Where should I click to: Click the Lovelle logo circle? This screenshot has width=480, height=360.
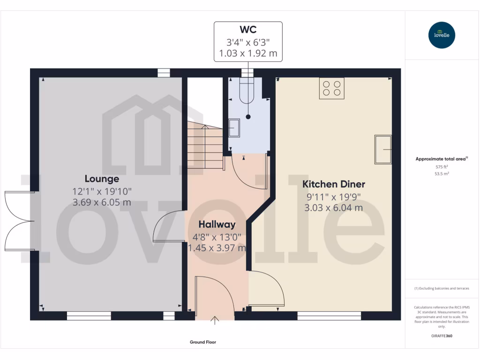[x=442, y=35]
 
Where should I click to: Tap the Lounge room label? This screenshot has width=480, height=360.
[x=102, y=179]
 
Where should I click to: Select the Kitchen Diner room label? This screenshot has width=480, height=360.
[x=333, y=184]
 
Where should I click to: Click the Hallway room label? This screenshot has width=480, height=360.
[x=217, y=224]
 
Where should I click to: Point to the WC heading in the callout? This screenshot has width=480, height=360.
[x=248, y=30]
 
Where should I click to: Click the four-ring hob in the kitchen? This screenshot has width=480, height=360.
[x=331, y=88]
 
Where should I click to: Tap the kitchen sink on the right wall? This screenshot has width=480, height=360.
[x=382, y=150]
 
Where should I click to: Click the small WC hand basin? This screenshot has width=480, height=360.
[x=234, y=128]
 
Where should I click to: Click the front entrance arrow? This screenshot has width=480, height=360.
[x=215, y=321]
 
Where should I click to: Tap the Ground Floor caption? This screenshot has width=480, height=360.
[x=203, y=342]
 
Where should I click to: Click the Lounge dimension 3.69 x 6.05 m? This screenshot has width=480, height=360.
[x=102, y=202]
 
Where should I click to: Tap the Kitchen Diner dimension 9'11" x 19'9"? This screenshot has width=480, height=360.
[x=333, y=197]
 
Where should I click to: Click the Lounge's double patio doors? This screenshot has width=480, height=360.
[x=19, y=221]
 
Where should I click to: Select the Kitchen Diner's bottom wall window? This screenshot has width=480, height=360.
[x=329, y=316]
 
